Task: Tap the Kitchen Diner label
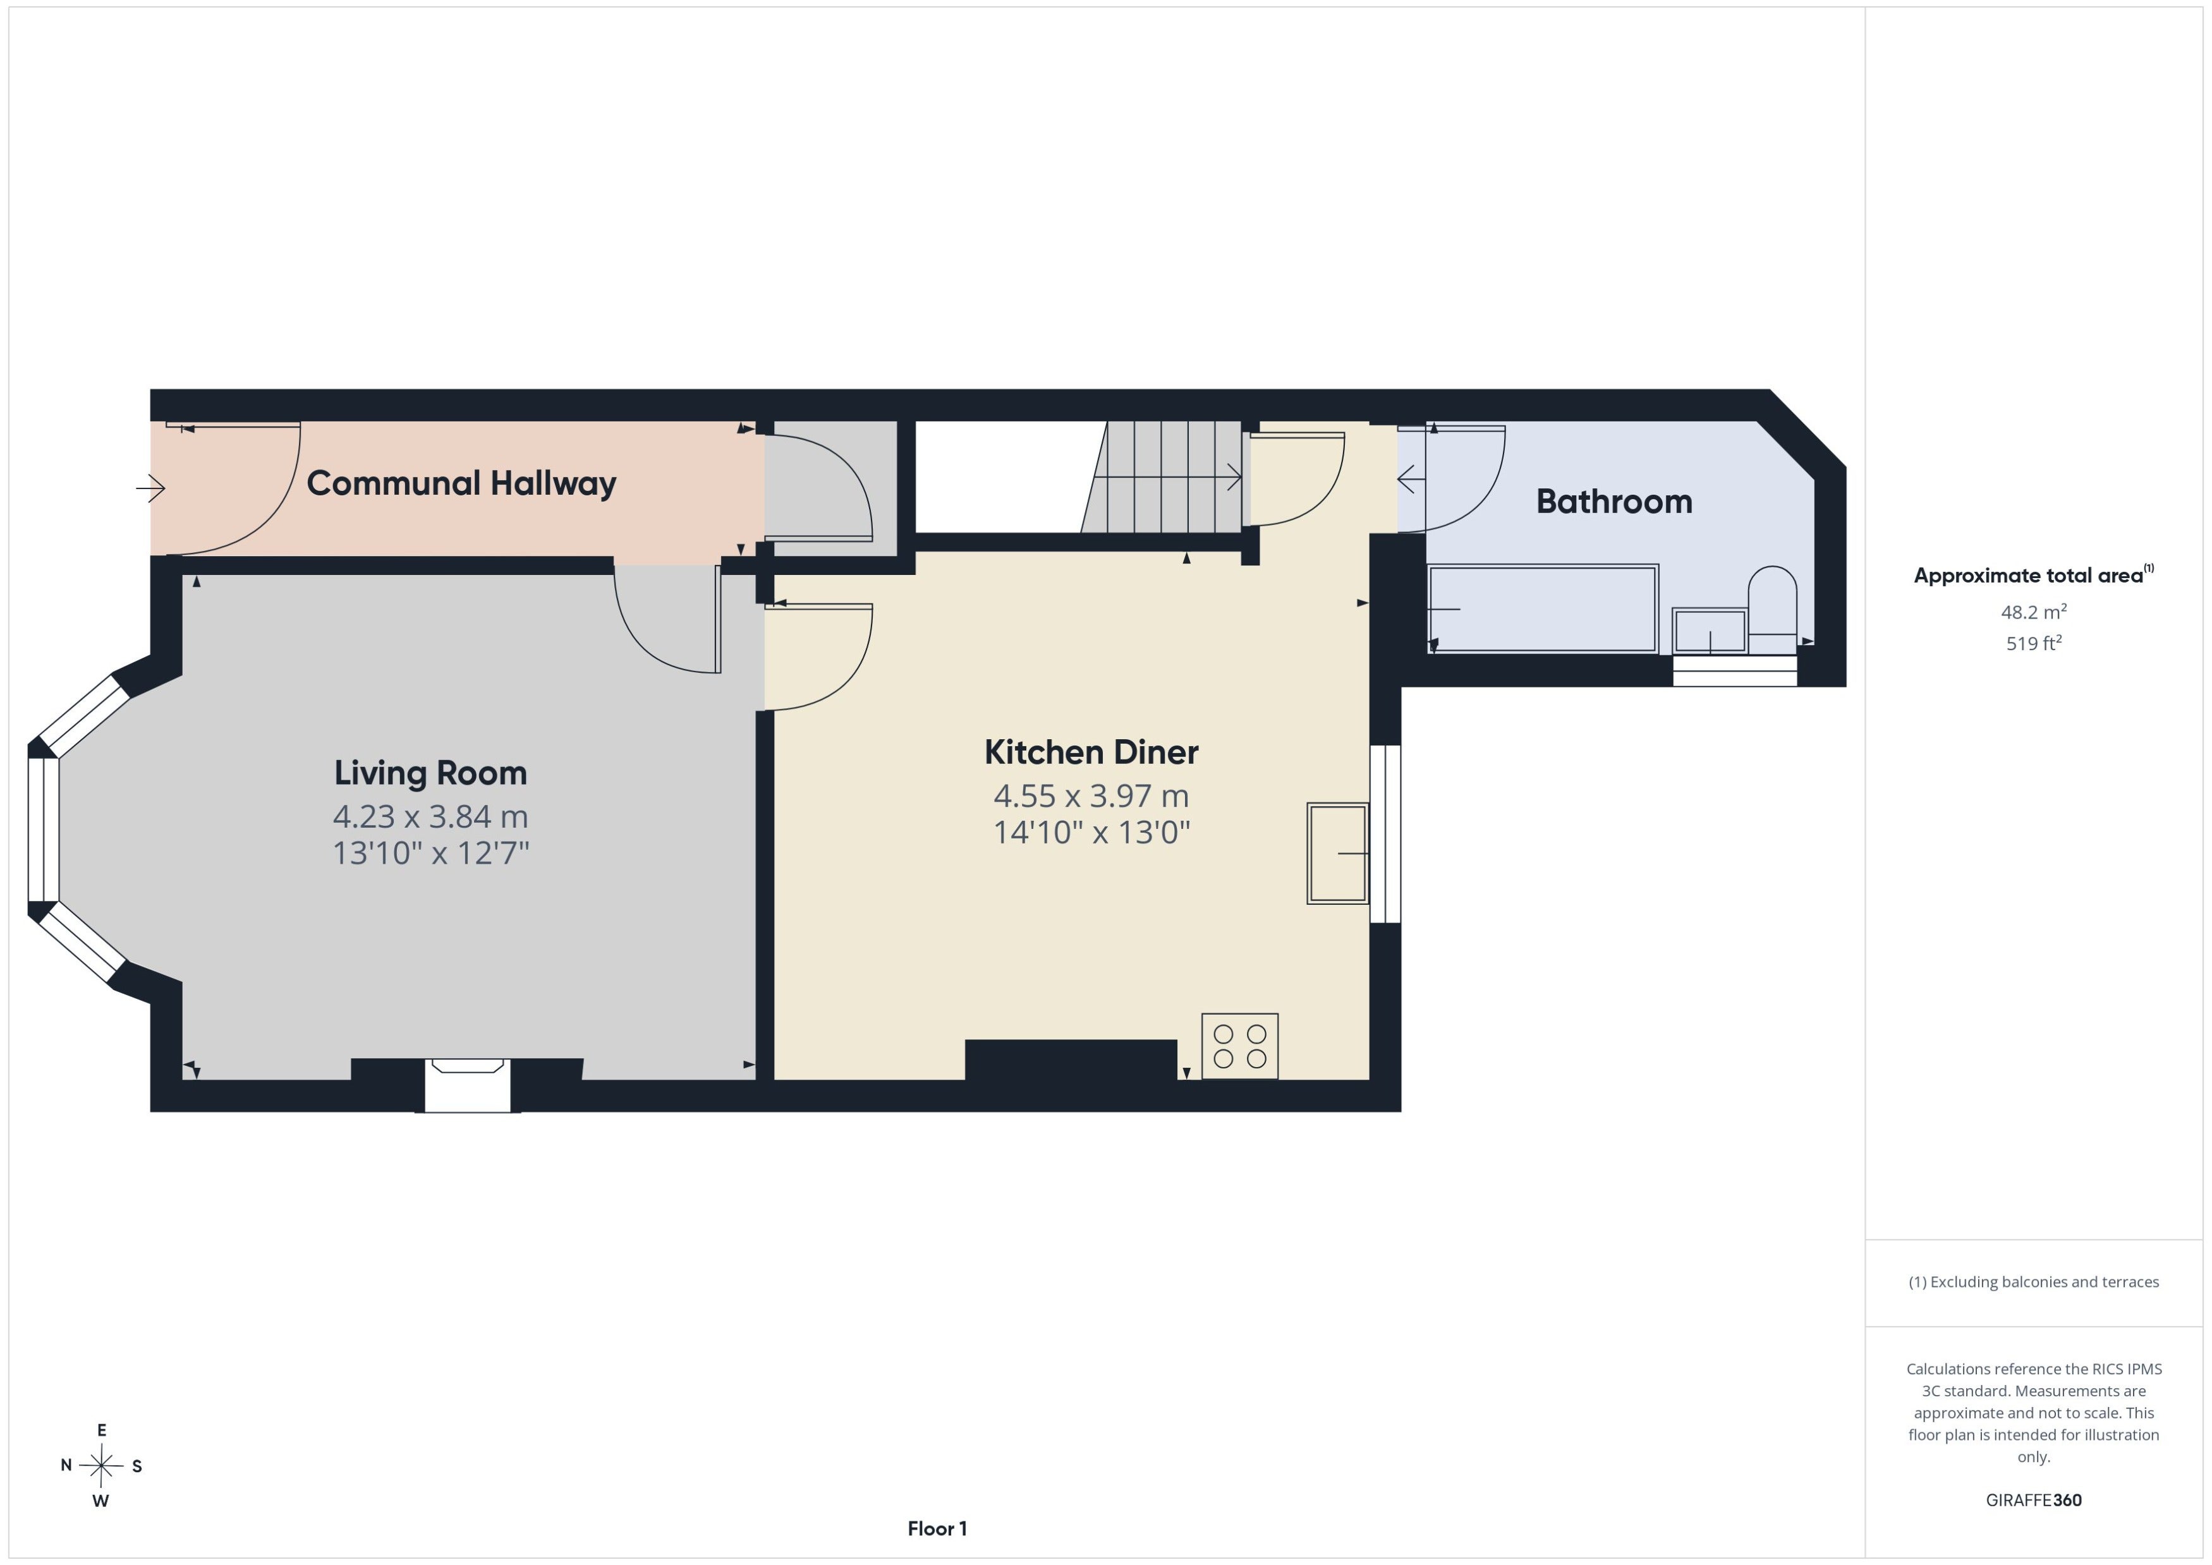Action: [x=1091, y=752]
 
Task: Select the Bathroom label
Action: [x=1613, y=501]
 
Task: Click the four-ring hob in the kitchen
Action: [x=1239, y=1046]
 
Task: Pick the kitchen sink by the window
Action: [x=1338, y=854]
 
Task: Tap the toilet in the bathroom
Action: [x=1773, y=609]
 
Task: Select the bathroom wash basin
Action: [x=1710, y=631]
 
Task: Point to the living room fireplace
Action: [x=468, y=1085]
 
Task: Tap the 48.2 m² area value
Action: [x=2034, y=612]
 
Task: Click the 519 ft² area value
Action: [x=2034, y=643]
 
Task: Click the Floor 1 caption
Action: [x=937, y=1528]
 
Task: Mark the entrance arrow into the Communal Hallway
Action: [x=150, y=488]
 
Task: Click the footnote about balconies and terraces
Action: [x=2034, y=1282]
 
